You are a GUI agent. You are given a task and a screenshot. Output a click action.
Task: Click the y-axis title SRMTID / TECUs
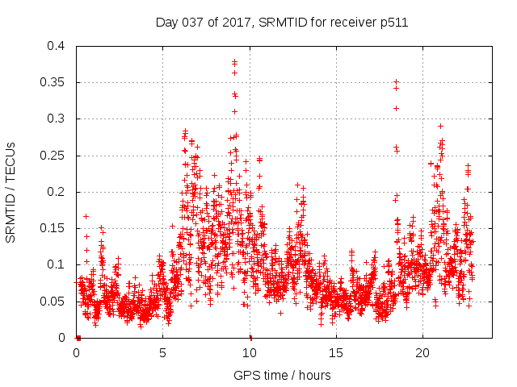tap(11, 191)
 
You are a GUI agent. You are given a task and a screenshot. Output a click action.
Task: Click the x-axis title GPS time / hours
tap(282, 375)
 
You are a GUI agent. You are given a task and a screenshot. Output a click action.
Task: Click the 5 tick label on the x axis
tap(163, 353)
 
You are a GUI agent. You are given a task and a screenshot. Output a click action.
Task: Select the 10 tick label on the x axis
tap(250, 353)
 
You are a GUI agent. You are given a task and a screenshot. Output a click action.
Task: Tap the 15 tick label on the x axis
tap(336, 353)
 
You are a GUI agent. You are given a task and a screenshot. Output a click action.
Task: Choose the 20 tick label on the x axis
tap(422, 353)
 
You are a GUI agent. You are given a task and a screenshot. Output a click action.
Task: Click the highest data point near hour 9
tap(234, 61)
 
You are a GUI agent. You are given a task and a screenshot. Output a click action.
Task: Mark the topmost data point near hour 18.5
tap(396, 81)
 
